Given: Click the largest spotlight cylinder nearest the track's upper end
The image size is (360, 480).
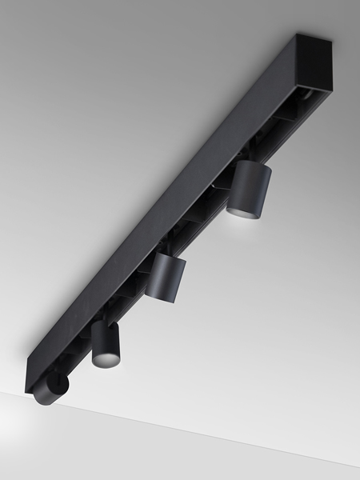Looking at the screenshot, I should [x=249, y=189].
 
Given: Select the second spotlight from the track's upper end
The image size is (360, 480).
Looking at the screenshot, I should [x=167, y=277].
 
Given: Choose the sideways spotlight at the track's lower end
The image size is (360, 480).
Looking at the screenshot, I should [x=52, y=390].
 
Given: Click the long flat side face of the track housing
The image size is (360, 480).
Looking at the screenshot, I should [x=160, y=200].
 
